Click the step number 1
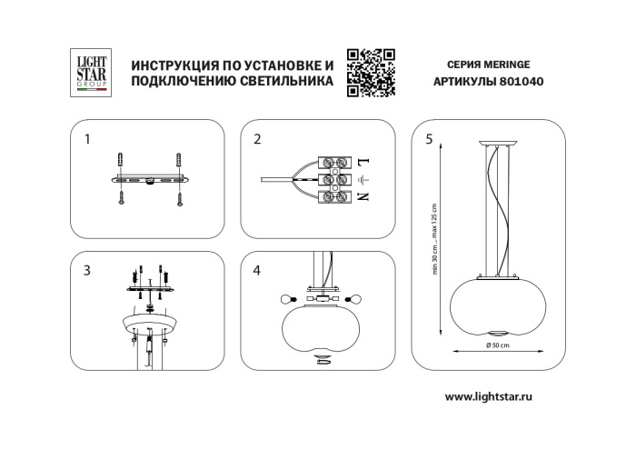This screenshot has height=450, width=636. pos(86,139)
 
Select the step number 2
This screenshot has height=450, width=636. pos(257,139)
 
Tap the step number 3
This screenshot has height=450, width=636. pos(86,270)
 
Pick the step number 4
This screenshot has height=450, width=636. pos(257,270)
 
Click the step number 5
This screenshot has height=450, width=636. pos(428,139)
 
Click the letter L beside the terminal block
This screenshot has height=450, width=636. pos(362,162)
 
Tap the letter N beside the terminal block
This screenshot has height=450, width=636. pos(362,196)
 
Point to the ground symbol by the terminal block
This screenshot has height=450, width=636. pos(362,179)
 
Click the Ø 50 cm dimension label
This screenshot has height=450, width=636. pos(496,345)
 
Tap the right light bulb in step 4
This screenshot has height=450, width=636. pos(355,298)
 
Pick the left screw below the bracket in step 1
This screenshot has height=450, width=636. pos(120,202)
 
